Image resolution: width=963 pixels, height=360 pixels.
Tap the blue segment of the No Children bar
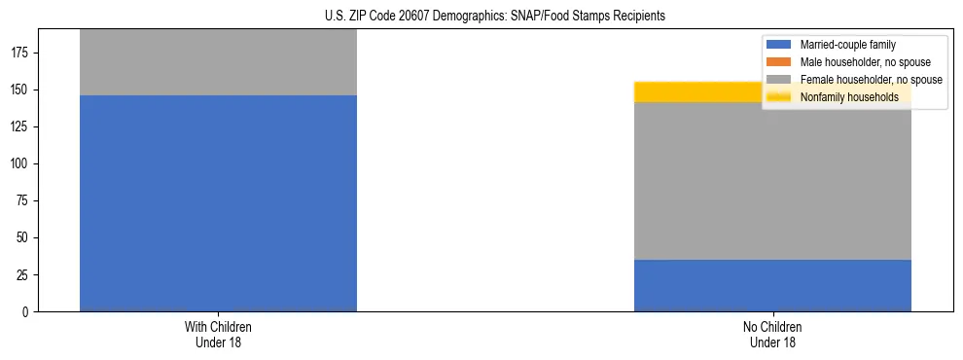772,285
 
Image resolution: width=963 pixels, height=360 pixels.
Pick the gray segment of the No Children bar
772,181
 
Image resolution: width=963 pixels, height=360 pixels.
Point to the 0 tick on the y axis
28,311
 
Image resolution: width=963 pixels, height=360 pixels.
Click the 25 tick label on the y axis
24,274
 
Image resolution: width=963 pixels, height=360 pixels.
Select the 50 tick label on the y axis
24,237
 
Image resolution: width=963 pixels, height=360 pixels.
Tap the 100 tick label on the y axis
21,163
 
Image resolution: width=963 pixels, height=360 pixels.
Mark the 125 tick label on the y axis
21,126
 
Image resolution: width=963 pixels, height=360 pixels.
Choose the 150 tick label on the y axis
21,90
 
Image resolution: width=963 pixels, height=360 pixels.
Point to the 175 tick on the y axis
21,53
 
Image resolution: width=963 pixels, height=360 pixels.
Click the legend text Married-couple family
847,45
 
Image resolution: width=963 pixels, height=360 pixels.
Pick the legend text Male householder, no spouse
858,62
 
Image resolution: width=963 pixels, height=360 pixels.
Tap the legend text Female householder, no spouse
871,80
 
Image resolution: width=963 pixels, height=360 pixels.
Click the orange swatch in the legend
779,62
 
